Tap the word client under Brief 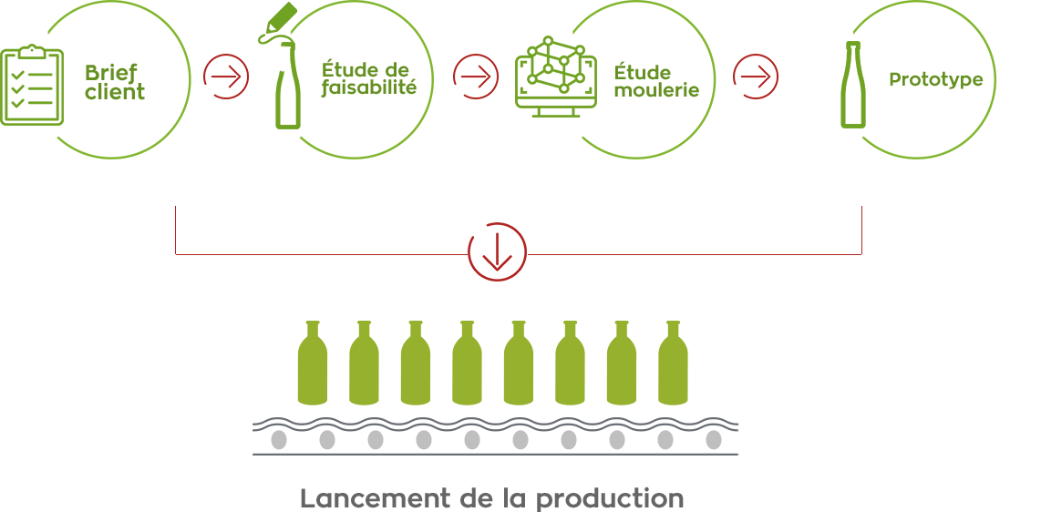coord(115,93)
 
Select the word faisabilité coord(368,88)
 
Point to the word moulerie coord(656,90)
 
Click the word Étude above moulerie coord(643,72)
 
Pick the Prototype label coord(935,80)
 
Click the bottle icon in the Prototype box coord(853,84)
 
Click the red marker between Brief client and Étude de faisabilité coord(226,77)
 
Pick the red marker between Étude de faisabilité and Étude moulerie coord(476,77)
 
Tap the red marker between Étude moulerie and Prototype coord(756,77)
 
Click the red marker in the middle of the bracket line coord(497,252)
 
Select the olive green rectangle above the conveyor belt coord(492,363)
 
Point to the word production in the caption coord(610,499)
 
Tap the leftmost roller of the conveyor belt coord(279,440)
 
